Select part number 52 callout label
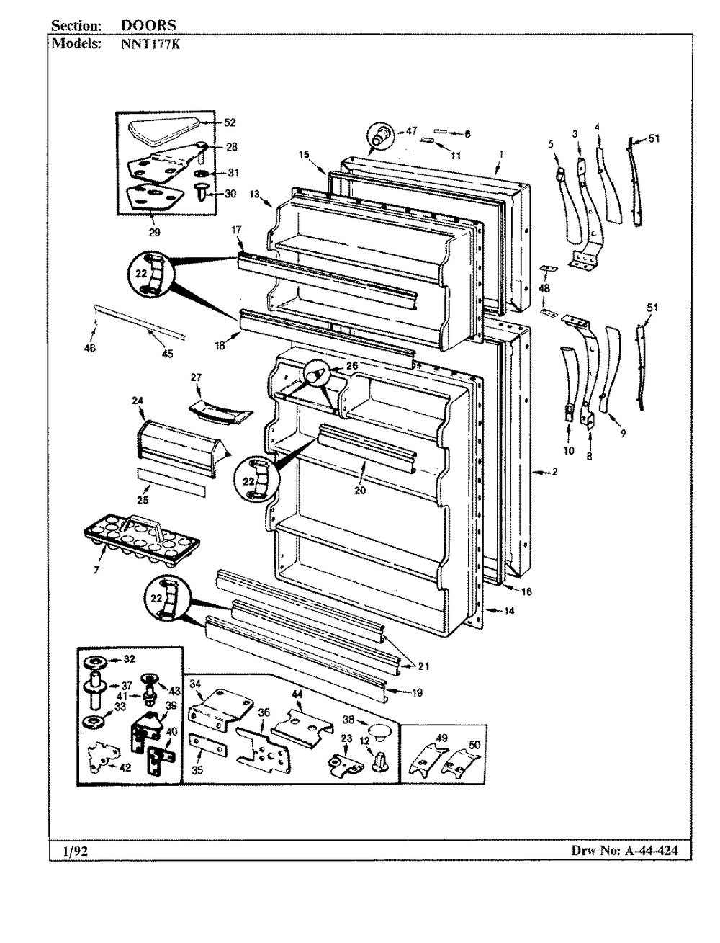point(230,122)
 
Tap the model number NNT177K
point(150,44)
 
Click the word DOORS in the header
point(148,25)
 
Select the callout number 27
point(196,377)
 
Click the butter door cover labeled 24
point(181,448)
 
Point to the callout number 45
point(167,354)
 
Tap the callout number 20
point(360,490)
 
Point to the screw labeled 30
point(202,197)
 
